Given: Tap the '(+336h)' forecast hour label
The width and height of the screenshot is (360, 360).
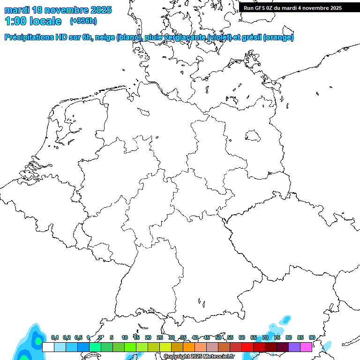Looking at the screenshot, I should [83, 21].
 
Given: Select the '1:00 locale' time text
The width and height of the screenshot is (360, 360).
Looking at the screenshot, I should [33, 21].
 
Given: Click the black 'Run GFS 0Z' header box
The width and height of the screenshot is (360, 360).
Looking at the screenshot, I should [299, 7].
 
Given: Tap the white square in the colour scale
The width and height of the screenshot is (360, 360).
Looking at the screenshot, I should [48, 347].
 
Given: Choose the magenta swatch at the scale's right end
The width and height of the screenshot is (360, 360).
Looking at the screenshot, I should [306, 347].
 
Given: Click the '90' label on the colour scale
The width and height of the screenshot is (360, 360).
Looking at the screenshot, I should [312, 337].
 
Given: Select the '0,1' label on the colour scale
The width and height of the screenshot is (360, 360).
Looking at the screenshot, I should [55, 337].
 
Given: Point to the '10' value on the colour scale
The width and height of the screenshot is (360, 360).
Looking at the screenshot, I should [125, 337].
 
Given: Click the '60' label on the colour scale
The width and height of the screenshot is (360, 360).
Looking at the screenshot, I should [242, 337].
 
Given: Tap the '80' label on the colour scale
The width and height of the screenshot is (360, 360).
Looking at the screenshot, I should [289, 337].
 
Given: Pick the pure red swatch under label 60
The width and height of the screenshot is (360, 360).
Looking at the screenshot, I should [247, 347].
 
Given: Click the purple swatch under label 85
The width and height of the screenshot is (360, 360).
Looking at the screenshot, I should [294, 347].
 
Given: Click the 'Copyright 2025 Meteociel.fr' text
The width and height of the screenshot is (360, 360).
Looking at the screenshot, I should [199, 357].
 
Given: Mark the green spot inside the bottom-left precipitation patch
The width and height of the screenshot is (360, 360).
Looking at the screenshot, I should [37, 341].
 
